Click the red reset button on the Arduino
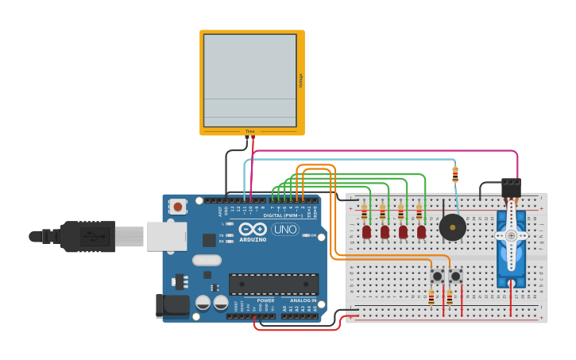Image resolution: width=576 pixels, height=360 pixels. (178, 207)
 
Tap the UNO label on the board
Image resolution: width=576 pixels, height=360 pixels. (285, 230)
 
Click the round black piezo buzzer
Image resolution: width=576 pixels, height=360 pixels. (453, 227)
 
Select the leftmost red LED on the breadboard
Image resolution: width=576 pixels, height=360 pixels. (366, 232)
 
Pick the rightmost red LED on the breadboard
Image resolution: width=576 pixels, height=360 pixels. (421, 232)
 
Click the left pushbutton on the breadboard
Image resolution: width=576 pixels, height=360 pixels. (437, 277)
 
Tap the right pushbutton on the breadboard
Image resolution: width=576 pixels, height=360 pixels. (455, 277)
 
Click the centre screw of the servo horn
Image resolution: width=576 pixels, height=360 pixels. (510, 236)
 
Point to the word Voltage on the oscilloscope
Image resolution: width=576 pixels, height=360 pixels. (300, 80)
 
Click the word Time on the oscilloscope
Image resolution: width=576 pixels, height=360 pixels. (249, 131)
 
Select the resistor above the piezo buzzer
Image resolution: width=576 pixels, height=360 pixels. (455, 175)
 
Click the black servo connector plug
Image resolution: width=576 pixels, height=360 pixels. (511, 188)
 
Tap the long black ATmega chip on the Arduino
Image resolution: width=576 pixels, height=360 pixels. (273, 284)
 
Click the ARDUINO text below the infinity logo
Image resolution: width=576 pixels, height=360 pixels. (253, 239)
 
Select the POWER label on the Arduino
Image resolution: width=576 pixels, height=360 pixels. (265, 300)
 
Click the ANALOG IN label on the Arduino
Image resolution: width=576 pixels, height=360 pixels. (302, 300)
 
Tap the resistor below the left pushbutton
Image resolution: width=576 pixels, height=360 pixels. (431, 298)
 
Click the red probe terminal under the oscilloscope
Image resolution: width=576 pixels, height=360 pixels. (253, 137)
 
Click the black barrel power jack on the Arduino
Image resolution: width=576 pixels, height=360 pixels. (173, 304)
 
